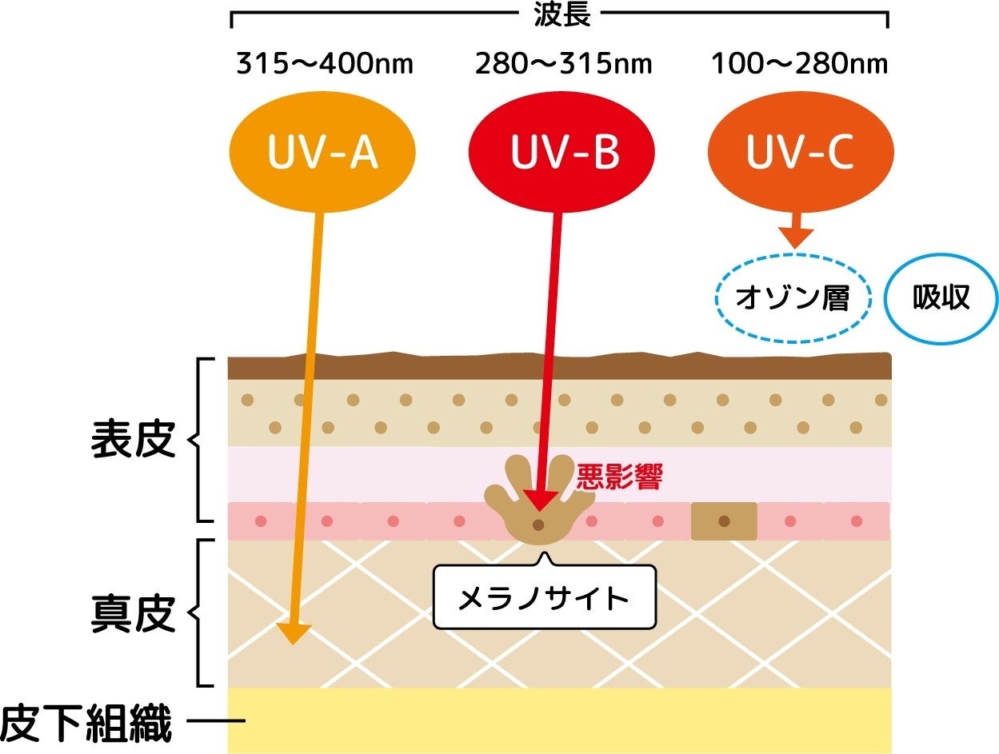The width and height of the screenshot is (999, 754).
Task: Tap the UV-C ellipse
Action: (799, 155)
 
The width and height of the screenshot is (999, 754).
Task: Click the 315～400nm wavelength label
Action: (325, 64)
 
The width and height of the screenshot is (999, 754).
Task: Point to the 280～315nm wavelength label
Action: (563, 64)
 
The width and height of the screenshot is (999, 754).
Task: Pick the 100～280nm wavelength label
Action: (800, 64)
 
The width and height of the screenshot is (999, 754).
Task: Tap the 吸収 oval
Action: (941, 298)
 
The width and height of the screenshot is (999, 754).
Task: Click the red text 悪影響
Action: (619, 477)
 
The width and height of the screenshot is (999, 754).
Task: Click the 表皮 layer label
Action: (133, 440)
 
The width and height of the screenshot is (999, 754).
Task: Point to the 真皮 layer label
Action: (133, 614)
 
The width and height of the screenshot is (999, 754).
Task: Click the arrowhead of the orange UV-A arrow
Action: (294, 633)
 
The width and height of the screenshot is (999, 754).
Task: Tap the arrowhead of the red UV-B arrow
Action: (538, 500)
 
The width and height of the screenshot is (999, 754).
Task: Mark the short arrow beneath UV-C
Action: (796, 235)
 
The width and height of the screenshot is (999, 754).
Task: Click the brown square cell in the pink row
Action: (724, 521)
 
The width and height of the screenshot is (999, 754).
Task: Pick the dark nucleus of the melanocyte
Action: (538, 525)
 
